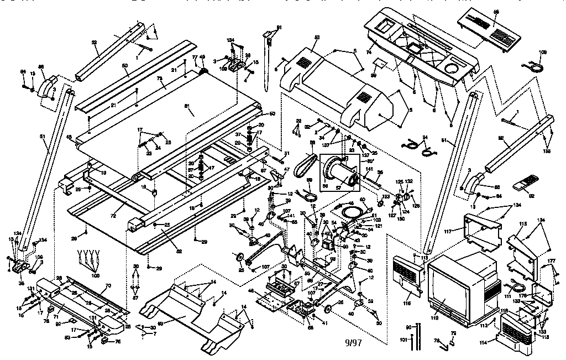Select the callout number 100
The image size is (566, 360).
96,275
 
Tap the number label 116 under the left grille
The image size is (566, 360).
407,304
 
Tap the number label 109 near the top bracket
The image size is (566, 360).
224,69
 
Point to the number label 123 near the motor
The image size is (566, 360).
386,196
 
